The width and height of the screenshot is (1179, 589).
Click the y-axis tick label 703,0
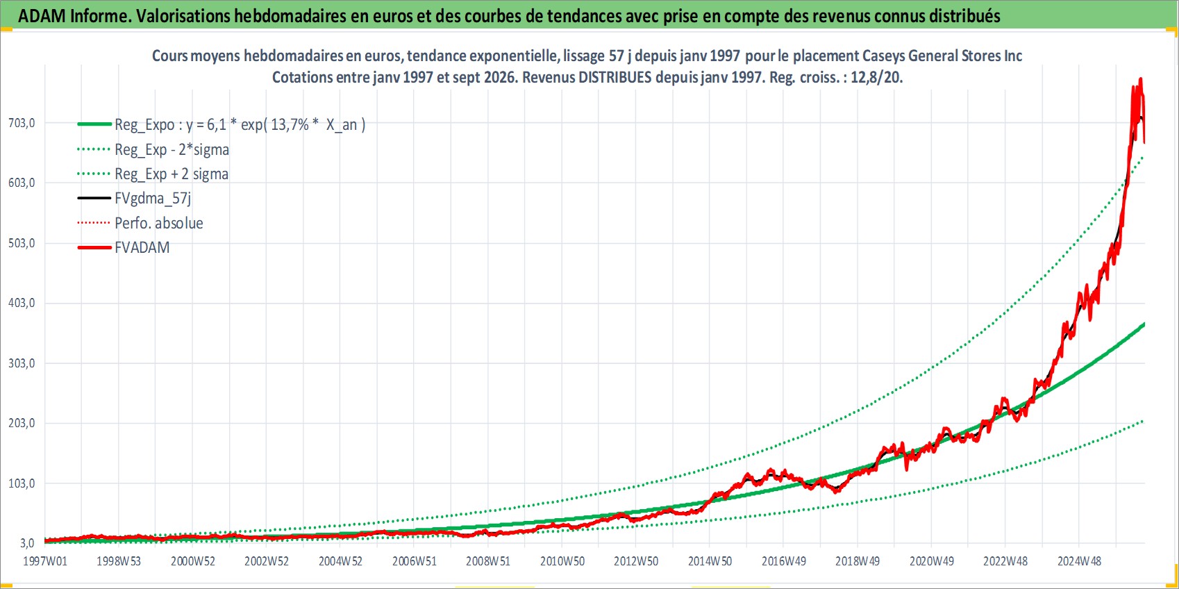pyautogui.click(x=22, y=123)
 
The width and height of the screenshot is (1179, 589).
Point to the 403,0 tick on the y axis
pyautogui.click(x=22, y=304)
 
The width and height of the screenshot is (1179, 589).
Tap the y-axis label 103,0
pyautogui.click(x=22, y=483)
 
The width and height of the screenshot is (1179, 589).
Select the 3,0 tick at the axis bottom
pyautogui.click(x=27, y=543)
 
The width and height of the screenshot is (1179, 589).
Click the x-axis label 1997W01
pyautogui.click(x=45, y=561)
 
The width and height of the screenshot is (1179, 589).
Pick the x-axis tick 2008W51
pyautogui.click(x=488, y=561)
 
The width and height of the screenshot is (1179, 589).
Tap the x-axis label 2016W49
pyautogui.click(x=784, y=561)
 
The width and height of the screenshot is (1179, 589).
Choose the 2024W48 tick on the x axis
pyautogui.click(x=1080, y=561)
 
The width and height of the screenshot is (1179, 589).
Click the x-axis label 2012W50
pyautogui.click(x=636, y=561)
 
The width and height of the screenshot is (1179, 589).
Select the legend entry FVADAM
pyautogui.click(x=142, y=247)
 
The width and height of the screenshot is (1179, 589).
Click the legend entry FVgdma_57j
pyautogui.click(x=153, y=199)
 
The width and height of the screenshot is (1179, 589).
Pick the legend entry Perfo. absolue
pyautogui.click(x=159, y=223)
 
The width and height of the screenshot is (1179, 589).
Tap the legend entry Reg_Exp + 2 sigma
pyautogui.click(x=172, y=174)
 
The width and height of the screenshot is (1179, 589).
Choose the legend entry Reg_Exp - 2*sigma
pyautogui.click(x=172, y=149)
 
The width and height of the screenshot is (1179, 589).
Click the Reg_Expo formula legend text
pyautogui.click(x=240, y=125)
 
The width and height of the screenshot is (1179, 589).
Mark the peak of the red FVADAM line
pyautogui.click(x=1140, y=78)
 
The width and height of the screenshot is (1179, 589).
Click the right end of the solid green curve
pyautogui.click(x=1144, y=324)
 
